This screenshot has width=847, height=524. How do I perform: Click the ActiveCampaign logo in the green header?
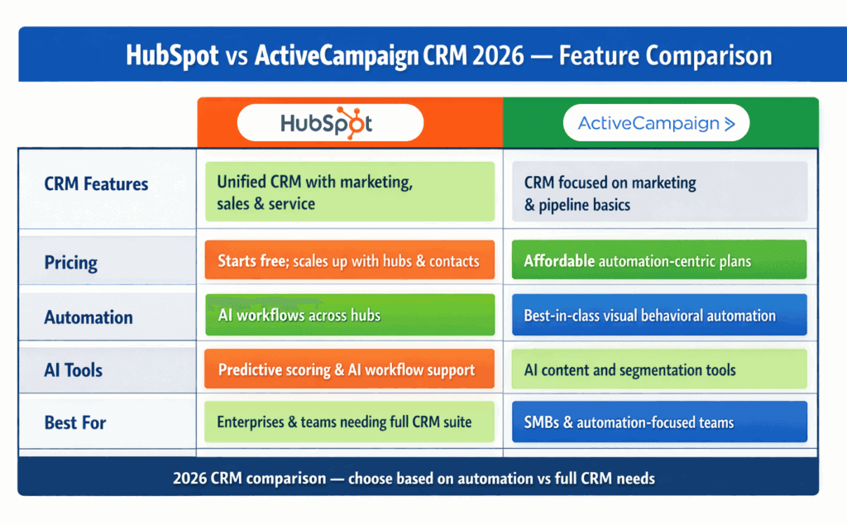(656, 124)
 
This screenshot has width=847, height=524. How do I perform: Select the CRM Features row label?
(97, 183)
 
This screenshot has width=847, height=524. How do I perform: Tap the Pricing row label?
(71, 264)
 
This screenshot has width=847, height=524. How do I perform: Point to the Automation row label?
(89, 317)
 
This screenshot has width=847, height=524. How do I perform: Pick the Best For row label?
(75, 422)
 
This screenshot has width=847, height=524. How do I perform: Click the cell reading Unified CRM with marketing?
(349, 192)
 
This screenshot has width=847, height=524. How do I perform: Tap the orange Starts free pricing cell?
(349, 261)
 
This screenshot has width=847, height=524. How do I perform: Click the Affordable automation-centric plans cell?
(658, 261)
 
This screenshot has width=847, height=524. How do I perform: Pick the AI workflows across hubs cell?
(349, 315)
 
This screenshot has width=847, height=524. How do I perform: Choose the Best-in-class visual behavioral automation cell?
(658, 315)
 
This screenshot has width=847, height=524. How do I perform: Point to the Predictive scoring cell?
(349, 369)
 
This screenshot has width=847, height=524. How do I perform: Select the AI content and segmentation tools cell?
(658, 369)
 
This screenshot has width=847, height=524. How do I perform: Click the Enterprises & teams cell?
(349, 422)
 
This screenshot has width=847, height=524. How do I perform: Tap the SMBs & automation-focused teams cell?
(658, 422)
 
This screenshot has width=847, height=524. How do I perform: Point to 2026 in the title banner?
(495, 55)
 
